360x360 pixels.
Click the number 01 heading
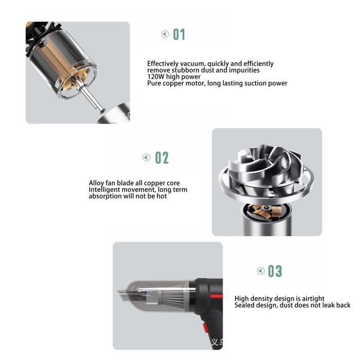[x=179, y=34]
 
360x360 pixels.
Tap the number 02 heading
[x=162, y=158]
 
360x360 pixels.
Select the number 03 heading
[x=275, y=271]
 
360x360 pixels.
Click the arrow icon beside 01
[x=165, y=34]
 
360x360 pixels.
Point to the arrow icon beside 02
[x=146, y=157]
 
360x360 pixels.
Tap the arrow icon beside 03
[x=261, y=271]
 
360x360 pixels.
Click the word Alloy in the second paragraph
[x=97, y=183]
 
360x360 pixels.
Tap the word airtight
[x=313, y=299]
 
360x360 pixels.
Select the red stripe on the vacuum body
[x=216, y=296]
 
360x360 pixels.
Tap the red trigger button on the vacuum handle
[x=206, y=328]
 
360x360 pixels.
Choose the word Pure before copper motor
[x=154, y=83]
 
